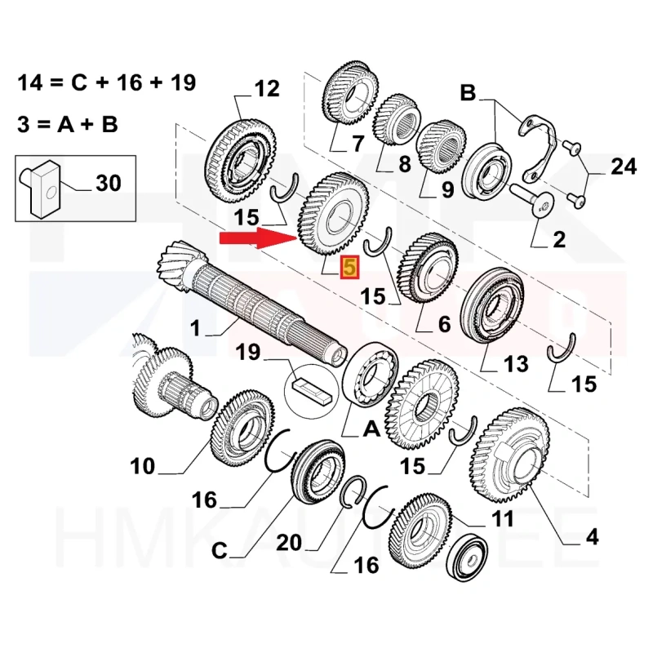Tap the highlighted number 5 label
click(349, 268)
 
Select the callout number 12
click(266, 89)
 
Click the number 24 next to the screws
click(624, 168)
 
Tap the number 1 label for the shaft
click(195, 329)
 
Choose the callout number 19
click(248, 353)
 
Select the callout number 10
click(142, 466)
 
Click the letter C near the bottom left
click(220, 552)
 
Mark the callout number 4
click(592, 537)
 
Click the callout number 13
click(516, 363)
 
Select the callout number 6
click(443, 325)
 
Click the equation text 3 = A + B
click(68, 124)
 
